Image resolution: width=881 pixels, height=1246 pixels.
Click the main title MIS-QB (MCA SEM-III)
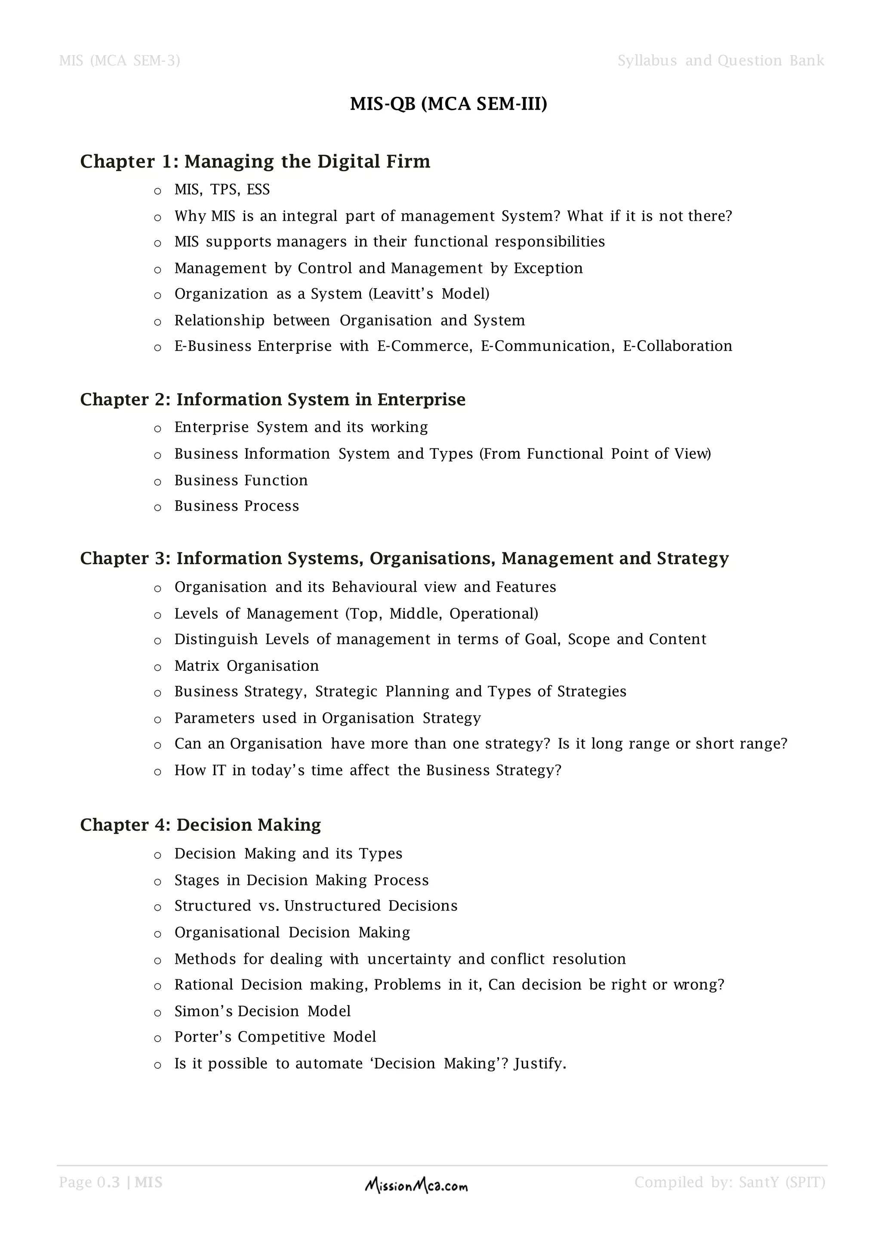pos(448,103)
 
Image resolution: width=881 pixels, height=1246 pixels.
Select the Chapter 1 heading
pos(255,161)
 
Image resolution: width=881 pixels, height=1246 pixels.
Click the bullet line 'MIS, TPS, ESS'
pos(222,189)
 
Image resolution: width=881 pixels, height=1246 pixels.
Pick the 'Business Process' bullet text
pos(237,506)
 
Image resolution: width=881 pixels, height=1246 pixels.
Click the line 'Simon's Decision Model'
pos(262,1011)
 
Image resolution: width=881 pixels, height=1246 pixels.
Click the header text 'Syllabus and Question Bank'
pos(721,60)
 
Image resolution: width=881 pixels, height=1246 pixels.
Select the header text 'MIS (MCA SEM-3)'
pos(119,60)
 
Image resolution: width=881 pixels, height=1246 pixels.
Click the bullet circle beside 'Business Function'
pos(158,481)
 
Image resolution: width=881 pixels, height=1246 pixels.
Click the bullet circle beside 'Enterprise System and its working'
pos(158,429)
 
